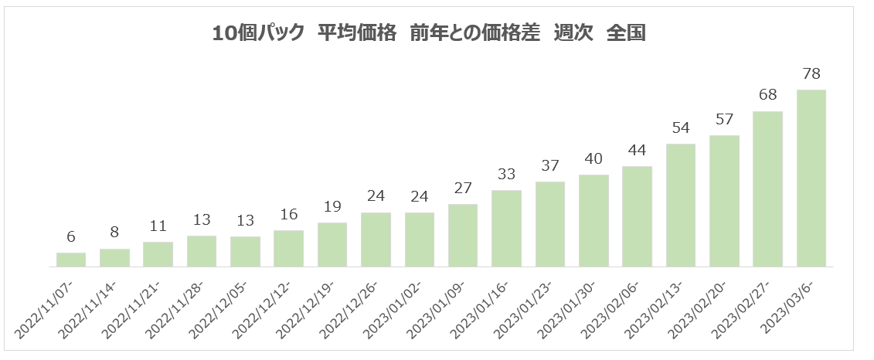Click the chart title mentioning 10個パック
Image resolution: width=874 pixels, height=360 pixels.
point(429,33)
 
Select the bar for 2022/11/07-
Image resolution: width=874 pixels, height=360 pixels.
point(71,260)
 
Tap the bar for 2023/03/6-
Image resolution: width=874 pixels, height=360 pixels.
point(811,178)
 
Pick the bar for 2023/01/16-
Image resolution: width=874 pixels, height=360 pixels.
point(506,229)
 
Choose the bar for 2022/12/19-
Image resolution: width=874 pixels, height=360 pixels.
point(332,245)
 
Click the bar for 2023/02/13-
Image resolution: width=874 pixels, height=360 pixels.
point(680,205)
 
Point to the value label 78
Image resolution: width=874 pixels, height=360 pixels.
point(811,74)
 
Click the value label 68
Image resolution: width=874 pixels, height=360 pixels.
point(767,96)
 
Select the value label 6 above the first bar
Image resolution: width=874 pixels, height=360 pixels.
point(71,237)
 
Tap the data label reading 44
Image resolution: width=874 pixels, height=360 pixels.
point(637,151)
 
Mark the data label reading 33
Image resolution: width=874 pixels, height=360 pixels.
point(506,175)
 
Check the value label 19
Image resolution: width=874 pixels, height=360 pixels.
point(332,207)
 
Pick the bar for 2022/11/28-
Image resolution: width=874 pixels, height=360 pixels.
point(202,251)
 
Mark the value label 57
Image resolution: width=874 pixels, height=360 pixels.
point(724,120)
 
